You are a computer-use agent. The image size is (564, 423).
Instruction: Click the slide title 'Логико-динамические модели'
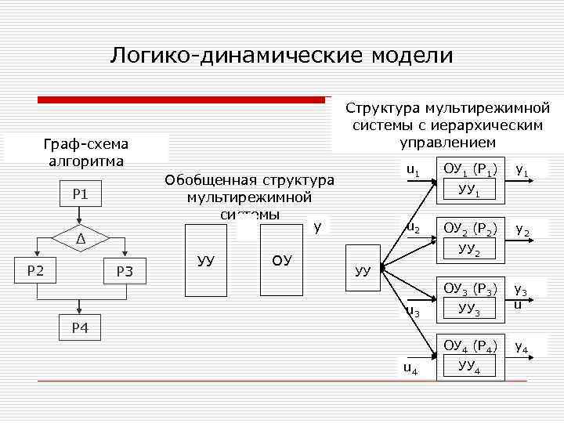coord(281,55)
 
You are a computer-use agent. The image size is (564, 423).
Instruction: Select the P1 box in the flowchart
coord(80,193)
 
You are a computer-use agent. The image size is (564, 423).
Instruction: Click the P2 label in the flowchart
coord(34,270)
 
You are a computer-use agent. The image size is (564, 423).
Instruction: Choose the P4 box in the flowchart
coord(80,327)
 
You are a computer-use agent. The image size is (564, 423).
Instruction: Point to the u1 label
coord(412,171)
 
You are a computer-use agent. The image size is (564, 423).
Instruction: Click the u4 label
coord(410,367)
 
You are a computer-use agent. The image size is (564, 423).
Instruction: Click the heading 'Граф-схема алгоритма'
coord(86,153)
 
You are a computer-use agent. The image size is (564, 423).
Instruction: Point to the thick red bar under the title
coord(182,99)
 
